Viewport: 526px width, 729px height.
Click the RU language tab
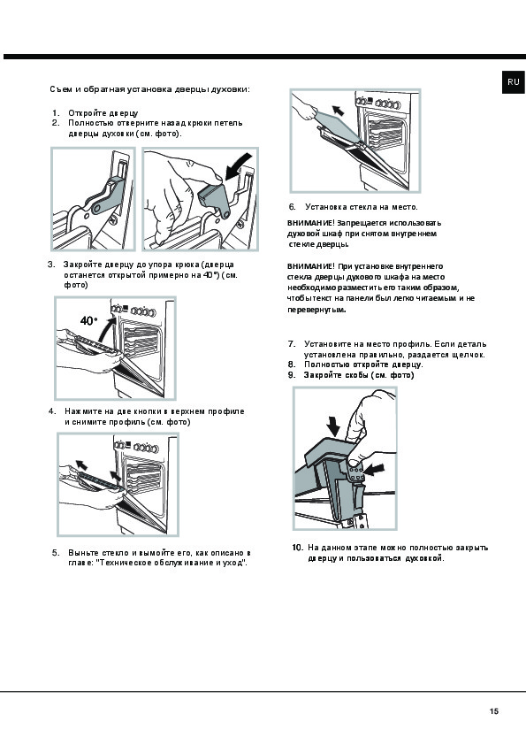pyautogui.click(x=513, y=81)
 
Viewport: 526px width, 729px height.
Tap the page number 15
pyautogui.click(x=494, y=711)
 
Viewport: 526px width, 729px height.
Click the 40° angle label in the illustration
pyautogui.click(x=89, y=320)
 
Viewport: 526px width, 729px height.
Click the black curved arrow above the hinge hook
pyautogui.click(x=238, y=166)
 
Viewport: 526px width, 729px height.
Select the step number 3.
pyautogui.click(x=51, y=264)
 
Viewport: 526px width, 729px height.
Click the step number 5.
pyautogui.click(x=56, y=553)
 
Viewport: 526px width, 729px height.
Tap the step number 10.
pyautogui.click(x=298, y=548)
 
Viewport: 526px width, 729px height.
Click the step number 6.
pyautogui.click(x=292, y=207)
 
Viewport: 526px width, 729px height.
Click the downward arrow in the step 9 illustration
pyautogui.click(x=333, y=426)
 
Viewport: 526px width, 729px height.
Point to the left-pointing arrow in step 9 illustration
pyautogui.click(x=375, y=470)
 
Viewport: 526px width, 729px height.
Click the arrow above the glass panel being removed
pyautogui.click(x=339, y=110)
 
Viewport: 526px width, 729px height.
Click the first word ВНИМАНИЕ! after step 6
pyautogui.click(x=311, y=223)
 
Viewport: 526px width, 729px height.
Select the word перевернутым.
pyautogui.click(x=316, y=310)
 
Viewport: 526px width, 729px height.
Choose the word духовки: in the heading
pyautogui.click(x=231, y=89)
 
